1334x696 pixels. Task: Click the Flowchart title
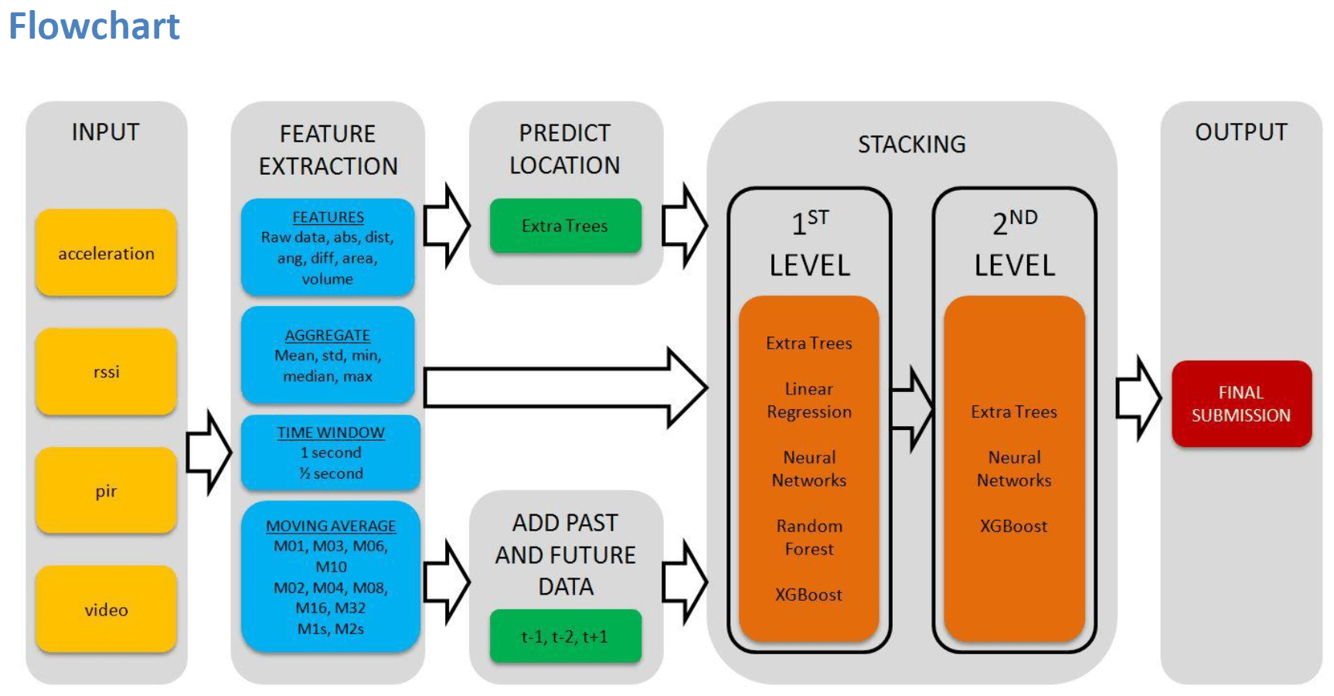[x=94, y=26]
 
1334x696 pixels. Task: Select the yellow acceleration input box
[x=106, y=253]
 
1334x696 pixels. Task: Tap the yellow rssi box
[x=106, y=372]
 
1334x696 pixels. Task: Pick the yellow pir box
[x=106, y=490]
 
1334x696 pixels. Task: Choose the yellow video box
[x=106, y=609]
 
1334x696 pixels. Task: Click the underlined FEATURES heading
[x=328, y=217]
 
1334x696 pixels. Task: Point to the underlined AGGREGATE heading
[x=328, y=336]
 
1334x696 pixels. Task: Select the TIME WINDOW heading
[x=331, y=432]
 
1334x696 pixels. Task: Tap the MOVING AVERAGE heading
[x=331, y=526]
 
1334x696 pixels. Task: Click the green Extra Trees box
[x=565, y=226]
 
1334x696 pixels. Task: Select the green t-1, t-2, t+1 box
[x=565, y=636]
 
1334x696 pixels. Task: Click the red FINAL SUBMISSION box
[x=1241, y=404]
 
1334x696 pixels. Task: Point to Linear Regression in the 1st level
[x=809, y=401]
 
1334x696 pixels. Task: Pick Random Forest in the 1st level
[x=809, y=537]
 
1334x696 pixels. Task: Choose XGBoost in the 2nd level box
[x=1014, y=527]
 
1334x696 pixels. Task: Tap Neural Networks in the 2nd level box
[x=1014, y=469]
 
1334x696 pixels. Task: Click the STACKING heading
[x=912, y=145]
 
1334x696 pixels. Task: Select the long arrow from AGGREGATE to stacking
[x=565, y=387]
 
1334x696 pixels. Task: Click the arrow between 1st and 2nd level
[x=913, y=408]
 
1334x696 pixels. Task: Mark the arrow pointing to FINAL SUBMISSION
[x=1138, y=398]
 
